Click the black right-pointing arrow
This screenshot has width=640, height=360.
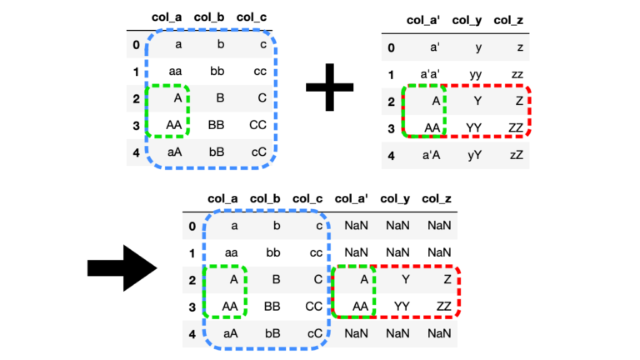point(122,267)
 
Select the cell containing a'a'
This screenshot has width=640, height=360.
point(429,74)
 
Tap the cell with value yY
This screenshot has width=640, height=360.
point(475,154)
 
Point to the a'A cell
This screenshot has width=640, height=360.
point(429,154)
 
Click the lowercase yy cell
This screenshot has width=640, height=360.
point(475,74)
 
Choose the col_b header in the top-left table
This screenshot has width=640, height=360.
point(212,16)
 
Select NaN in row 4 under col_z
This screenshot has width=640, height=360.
point(438,333)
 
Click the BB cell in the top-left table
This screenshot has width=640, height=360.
point(217,125)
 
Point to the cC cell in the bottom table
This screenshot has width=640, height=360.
point(314,333)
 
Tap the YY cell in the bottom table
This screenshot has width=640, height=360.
point(401,307)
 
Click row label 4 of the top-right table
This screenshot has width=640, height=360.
point(392,154)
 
